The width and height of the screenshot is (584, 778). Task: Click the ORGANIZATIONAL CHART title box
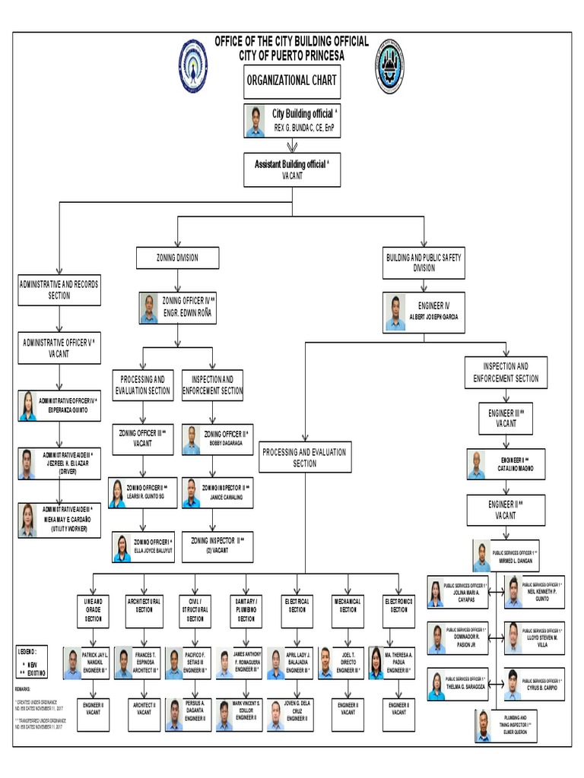(x=292, y=81)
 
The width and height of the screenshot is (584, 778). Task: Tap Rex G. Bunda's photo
(x=255, y=122)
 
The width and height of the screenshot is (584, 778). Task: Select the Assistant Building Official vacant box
(x=292, y=169)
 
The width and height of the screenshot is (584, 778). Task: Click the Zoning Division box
(x=177, y=258)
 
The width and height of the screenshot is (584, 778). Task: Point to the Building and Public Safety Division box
(x=424, y=263)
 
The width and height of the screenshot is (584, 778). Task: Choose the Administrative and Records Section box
(x=59, y=290)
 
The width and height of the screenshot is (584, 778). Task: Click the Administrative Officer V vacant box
(x=59, y=348)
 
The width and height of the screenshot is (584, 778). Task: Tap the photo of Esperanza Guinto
(x=28, y=406)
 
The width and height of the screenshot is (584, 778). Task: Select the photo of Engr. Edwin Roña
(x=149, y=308)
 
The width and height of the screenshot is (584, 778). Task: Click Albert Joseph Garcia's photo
(x=395, y=312)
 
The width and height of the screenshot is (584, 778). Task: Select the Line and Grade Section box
(x=93, y=609)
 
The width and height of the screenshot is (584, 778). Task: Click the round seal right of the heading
(x=389, y=65)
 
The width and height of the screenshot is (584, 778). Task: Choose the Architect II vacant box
(x=144, y=708)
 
